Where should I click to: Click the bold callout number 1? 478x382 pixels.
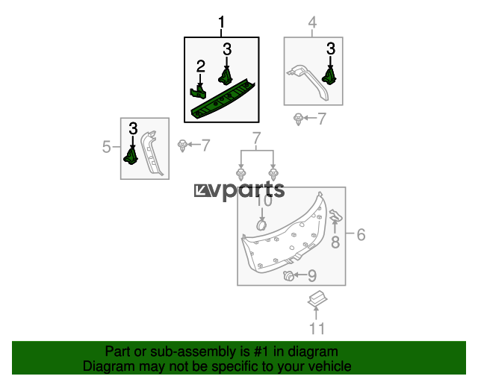coord(222,22)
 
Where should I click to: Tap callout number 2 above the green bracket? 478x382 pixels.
coord(201,66)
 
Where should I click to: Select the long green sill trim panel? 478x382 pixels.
coord(223,99)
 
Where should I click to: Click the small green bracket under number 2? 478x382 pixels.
coord(198,93)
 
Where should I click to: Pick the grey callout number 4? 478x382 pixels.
coord(312,22)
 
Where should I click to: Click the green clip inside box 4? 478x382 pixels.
coord(329,76)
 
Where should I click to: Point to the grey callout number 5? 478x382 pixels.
coord(106,147)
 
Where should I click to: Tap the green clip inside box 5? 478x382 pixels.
coord(131,155)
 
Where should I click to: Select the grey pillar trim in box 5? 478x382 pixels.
coord(152,153)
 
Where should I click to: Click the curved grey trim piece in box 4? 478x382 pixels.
coord(308,81)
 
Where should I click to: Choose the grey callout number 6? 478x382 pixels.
coord(361,235)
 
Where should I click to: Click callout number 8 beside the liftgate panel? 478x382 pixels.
coord(335,242)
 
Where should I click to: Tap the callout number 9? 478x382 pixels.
coord(312,276)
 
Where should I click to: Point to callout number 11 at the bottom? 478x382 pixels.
coord(317,329)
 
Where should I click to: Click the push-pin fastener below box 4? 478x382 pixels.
coord(298,119)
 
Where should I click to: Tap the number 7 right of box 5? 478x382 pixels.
coord(206,145)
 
